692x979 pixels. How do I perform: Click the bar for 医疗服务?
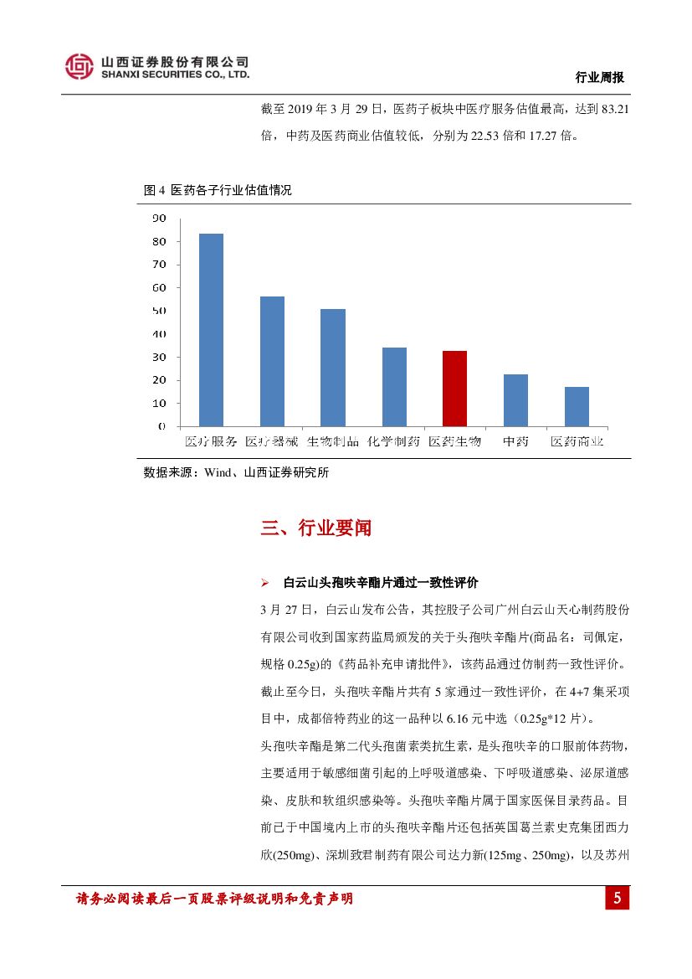point(211,330)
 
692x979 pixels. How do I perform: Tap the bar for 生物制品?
point(333,368)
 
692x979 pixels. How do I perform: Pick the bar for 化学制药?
point(394,387)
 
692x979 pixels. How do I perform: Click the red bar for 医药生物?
point(454,389)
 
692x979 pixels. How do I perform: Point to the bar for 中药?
point(515,400)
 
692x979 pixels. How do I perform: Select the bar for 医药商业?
point(577,406)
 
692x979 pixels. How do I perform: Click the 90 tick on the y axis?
point(159,219)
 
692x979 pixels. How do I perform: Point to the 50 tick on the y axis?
point(159,311)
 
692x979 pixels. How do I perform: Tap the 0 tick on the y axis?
point(162,426)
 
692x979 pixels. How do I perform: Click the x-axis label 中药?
point(515,441)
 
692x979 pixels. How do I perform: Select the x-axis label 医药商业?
point(577,441)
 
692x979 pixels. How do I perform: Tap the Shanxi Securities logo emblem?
point(79,66)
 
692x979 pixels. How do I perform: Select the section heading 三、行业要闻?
point(316,528)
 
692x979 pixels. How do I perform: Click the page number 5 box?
point(617,899)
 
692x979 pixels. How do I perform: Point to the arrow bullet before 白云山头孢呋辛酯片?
point(264,583)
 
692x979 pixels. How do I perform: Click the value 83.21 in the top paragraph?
point(613,109)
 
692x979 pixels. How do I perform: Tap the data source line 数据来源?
point(236,472)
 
